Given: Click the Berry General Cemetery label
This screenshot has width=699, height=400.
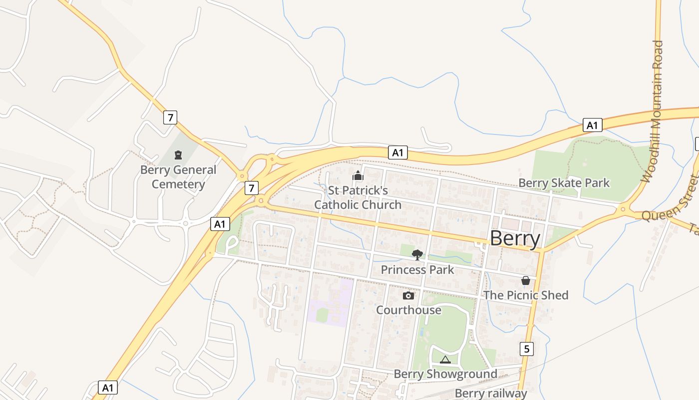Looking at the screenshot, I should [x=178, y=177].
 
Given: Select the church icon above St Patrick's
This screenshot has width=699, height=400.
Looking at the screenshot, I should [x=357, y=175].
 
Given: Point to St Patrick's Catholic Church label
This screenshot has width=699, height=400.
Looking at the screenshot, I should [x=357, y=197].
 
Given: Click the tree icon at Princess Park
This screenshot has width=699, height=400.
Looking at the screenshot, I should [x=417, y=255].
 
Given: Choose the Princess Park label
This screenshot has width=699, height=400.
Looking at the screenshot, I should [x=417, y=270].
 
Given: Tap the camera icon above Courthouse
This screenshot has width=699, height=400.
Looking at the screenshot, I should [x=408, y=295].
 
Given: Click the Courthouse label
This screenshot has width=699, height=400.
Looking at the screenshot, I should [x=408, y=310].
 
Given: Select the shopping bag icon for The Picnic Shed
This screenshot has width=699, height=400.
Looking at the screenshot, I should [x=525, y=280].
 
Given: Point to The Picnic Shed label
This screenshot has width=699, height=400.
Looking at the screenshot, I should [x=525, y=295].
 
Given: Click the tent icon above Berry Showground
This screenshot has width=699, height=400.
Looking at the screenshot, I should [x=445, y=359].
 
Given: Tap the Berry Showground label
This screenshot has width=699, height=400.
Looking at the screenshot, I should [x=445, y=374].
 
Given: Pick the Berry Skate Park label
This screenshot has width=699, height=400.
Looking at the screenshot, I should [x=564, y=183].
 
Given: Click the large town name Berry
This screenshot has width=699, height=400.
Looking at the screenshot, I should [x=515, y=238].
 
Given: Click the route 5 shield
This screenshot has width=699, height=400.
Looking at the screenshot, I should [x=526, y=348].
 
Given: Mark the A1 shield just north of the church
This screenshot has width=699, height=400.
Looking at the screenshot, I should [x=397, y=152].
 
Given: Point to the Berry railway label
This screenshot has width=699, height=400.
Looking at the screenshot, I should [x=491, y=393].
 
